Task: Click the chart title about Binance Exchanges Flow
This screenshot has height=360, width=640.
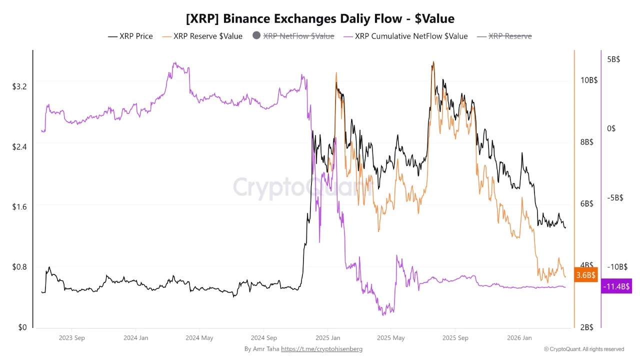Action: point(320,19)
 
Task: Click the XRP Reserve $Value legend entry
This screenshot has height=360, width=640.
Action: point(207,36)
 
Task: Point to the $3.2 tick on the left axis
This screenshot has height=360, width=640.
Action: point(19,86)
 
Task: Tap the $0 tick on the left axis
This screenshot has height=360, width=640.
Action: point(22,327)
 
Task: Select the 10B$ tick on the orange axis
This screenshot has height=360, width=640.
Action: point(589,80)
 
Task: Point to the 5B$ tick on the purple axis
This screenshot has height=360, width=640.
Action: point(613,59)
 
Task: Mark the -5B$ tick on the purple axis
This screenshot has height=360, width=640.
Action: point(614,197)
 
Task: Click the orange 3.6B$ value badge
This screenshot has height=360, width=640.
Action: point(585,275)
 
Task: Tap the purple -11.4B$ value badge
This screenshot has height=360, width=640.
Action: point(616,286)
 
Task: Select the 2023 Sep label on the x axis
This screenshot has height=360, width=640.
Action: point(72,338)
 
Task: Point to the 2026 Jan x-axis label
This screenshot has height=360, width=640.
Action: point(519,338)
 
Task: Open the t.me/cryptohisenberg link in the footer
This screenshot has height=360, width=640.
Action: point(321,349)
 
